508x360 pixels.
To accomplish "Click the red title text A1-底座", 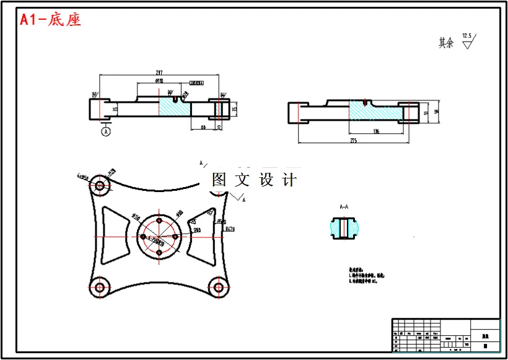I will click(51, 20).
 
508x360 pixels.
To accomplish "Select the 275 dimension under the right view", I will click(354, 141).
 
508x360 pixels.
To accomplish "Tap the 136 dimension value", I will click(376, 131).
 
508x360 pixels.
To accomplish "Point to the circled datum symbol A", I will click(106, 131).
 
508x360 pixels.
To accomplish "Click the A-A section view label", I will click(344, 206).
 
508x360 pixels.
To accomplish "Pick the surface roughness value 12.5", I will click(467, 37).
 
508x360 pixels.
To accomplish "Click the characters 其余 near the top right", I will click(446, 43).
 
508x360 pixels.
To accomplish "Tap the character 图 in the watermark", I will click(219, 180).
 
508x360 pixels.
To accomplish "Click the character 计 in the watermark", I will click(289, 180).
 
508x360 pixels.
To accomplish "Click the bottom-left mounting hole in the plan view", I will click(99, 286).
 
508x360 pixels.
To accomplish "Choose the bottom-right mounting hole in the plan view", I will click(217, 286).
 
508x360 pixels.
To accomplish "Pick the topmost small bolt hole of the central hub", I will click(159, 221).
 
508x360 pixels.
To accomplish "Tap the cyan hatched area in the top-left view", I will click(175, 109).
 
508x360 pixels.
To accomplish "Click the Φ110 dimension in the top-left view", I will click(159, 81).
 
